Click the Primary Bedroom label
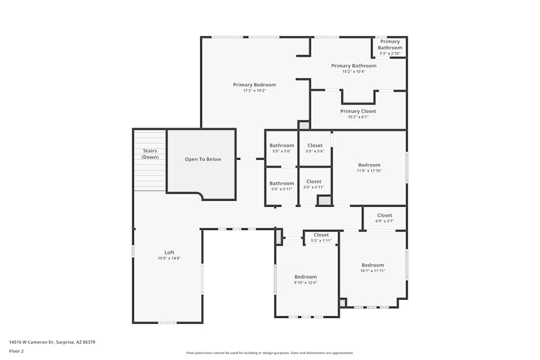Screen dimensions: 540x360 coord(254,85)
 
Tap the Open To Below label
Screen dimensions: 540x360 coord(203,159)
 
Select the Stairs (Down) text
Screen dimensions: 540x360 coord(150,154)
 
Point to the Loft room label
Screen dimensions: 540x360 coord(169,252)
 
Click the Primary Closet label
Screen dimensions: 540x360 coord(358,111)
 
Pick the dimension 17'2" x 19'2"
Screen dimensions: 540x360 coord(254,91)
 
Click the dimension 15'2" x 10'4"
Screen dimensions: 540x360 coord(354,72)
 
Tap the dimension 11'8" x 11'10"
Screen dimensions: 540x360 coord(369,171)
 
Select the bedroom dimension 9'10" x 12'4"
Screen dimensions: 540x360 coord(306,283)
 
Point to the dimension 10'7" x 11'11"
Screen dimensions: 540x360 coord(373,271)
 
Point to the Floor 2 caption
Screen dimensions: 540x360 coord(16,351)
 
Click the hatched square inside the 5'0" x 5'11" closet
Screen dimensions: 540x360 coord(324,200)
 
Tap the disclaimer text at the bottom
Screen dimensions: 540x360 coord(269,353)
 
